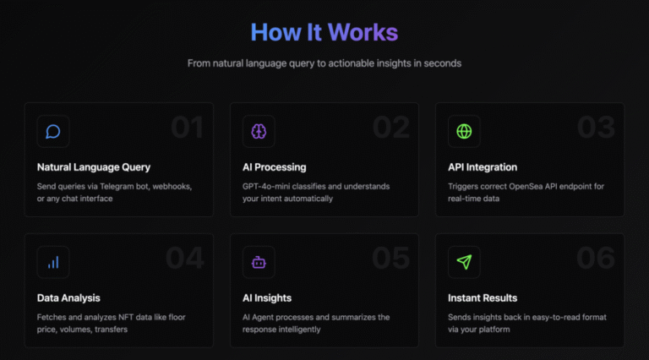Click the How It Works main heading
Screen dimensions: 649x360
[324, 32]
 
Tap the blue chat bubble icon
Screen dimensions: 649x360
[53, 132]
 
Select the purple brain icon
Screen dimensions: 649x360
[259, 132]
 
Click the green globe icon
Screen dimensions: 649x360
[464, 132]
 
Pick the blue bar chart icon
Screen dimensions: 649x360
[53, 262]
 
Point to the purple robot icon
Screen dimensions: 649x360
[259, 262]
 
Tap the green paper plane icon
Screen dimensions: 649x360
[464, 262]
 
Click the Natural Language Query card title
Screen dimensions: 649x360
[94, 167]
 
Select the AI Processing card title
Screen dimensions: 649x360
[275, 167]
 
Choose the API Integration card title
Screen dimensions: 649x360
[483, 167]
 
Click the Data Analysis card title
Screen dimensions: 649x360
[68, 298]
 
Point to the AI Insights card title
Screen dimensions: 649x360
[267, 298]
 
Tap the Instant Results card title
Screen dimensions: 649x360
[483, 298]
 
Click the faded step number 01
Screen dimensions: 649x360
[187, 127]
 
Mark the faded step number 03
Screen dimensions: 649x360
[596, 127]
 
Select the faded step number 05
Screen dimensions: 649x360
[390, 258]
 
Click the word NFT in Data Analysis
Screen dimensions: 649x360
[125, 318]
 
